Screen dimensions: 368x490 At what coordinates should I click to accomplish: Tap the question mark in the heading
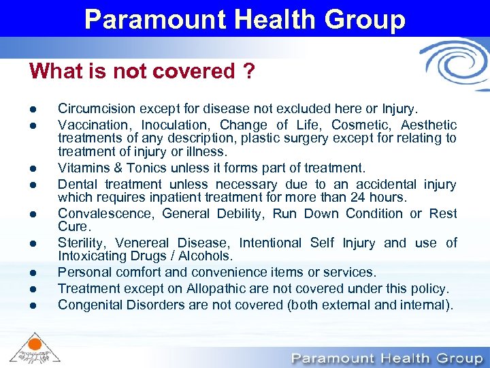pyautogui.click(x=249, y=71)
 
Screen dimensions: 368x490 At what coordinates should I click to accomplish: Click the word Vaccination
pyautogui.click(x=93, y=125)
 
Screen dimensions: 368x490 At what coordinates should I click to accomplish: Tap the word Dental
pyautogui.click(x=77, y=184)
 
